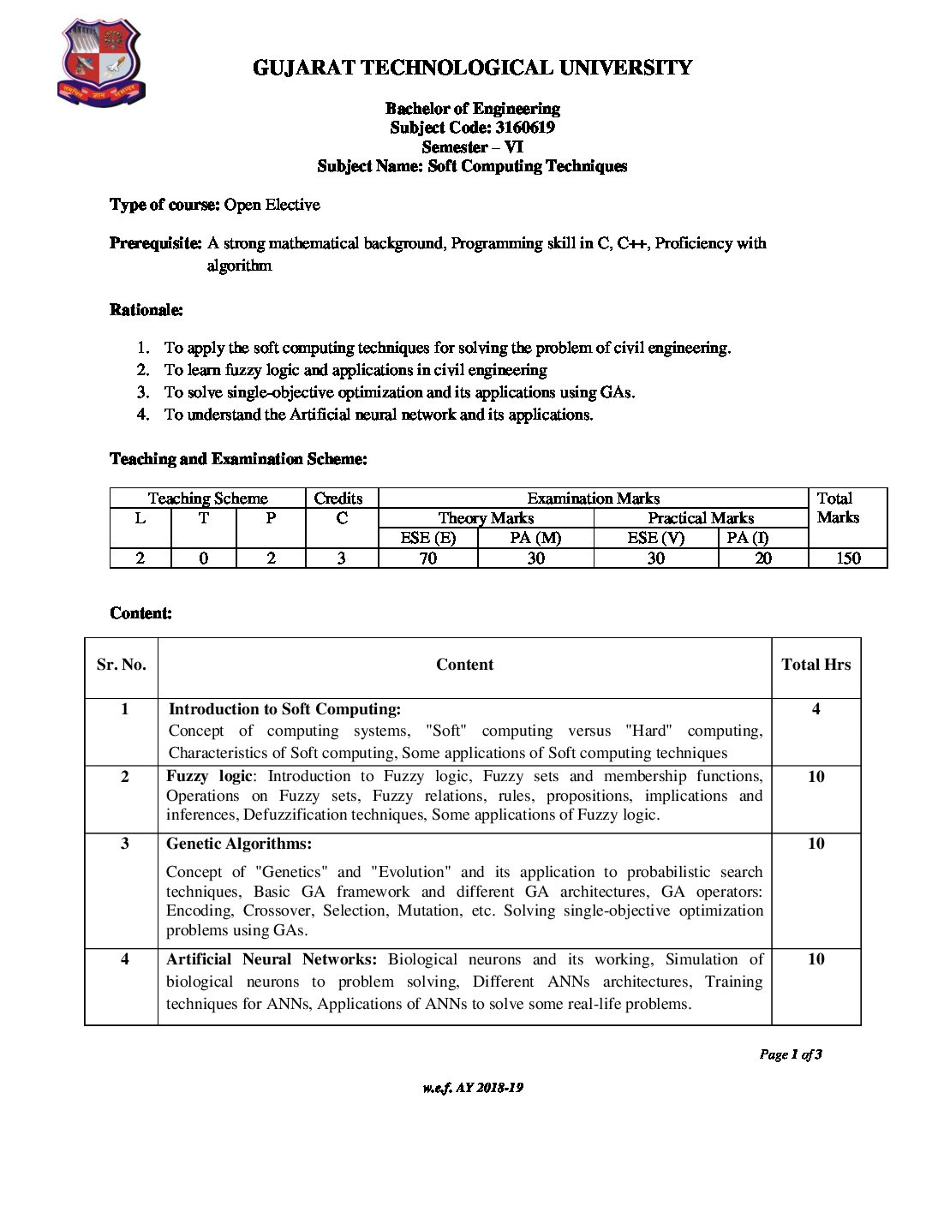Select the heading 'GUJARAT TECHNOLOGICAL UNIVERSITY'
(x=472, y=68)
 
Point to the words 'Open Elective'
(x=272, y=205)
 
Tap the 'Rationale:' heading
(x=146, y=310)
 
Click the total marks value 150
(x=848, y=558)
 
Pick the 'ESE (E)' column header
(x=427, y=538)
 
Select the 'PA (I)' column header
(x=748, y=538)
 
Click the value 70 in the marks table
(x=427, y=558)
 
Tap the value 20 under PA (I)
(x=762, y=558)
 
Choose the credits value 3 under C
(x=341, y=558)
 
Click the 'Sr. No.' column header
(x=121, y=665)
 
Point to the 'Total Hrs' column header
(x=815, y=665)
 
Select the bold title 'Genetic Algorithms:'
(x=239, y=844)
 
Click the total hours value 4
(x=815, y=709)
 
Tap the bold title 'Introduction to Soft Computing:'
(x=284, y=709)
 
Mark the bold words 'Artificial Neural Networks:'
(x=272, y=959)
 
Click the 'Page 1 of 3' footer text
(x=790, y=1054)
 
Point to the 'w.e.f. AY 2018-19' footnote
(x=472, y=1088)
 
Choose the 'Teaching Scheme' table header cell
(x=207, y=499)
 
